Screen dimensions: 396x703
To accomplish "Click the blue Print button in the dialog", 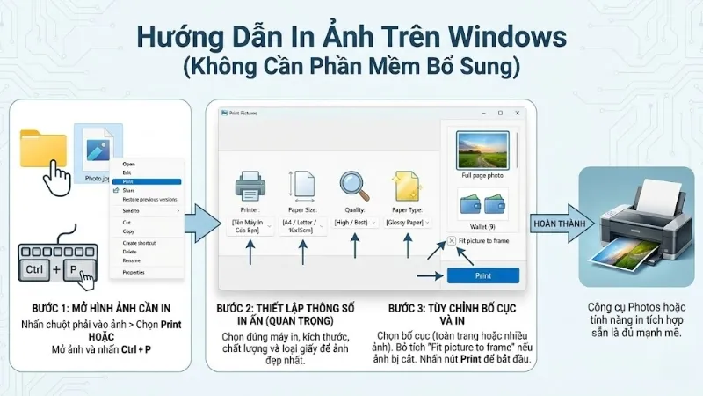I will [482, 275].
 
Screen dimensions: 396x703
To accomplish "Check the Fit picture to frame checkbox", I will [452, 240].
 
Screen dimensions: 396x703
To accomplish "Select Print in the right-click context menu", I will [129, 181].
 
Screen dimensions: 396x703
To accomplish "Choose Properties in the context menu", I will [134, 272].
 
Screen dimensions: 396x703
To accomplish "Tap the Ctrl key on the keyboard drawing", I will [34, 268].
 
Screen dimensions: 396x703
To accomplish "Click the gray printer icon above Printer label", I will [249, 185].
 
